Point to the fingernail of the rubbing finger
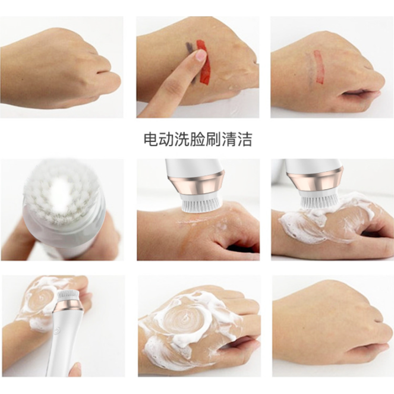coord(201,55)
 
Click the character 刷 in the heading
coord(214,140)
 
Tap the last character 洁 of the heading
coord(245,140)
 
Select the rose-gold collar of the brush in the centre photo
coord(197,183)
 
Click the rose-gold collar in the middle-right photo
coord(315,181)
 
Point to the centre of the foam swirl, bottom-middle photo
coord(186,318)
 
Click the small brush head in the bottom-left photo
coord(68,296)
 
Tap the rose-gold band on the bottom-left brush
coord(68,305)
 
